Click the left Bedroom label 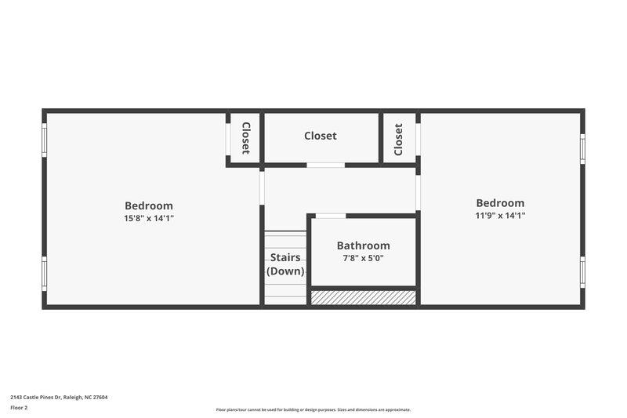[x=149, y=206]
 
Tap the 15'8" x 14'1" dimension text [x=149, y=219]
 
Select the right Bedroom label [x=500, y=203]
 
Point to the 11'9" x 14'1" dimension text [x=500, y=216]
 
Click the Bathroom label [x=363, y=245]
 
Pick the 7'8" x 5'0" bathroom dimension [x=363, y=258]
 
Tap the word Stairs [x=285, y=257]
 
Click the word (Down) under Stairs [x=285, y=271]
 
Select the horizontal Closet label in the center [x=321, y=136]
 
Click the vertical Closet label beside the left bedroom [x=245, y=138]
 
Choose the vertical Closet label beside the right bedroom [x=398, y=139]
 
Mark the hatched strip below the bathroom [x=363, y=298]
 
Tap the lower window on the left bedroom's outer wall [x=45, y=274]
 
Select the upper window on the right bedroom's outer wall [x=582, y=148]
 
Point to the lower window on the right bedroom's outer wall [x=582, y=271]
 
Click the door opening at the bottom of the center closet [x=324, y=165]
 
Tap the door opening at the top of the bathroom [x=330, y=216]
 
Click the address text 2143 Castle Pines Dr [x=59, y=397]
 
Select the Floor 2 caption [x=19, y=409]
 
